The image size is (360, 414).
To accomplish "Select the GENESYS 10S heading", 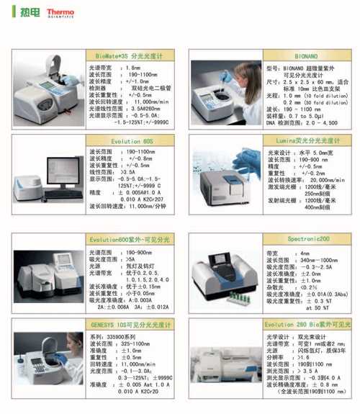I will pos(130,325).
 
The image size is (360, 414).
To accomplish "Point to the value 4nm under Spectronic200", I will pos(305,253).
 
